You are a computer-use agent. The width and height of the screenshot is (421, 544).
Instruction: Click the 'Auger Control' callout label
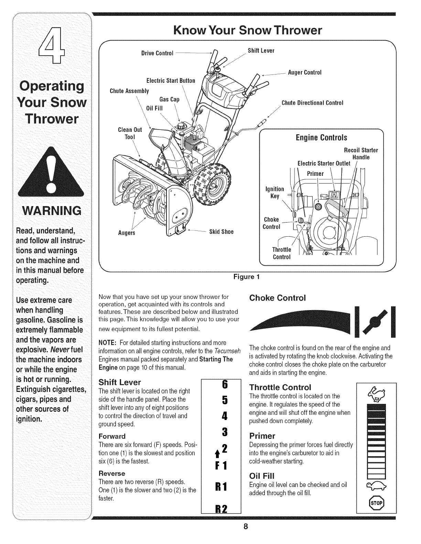pos(304,72)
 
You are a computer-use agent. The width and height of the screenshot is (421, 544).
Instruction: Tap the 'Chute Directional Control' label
pos(312,103)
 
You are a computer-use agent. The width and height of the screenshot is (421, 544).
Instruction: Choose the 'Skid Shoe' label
pos(222,232)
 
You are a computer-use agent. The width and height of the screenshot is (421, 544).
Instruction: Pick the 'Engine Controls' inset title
pos(321,138)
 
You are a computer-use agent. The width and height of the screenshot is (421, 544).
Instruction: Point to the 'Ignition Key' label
pos(275,192)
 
